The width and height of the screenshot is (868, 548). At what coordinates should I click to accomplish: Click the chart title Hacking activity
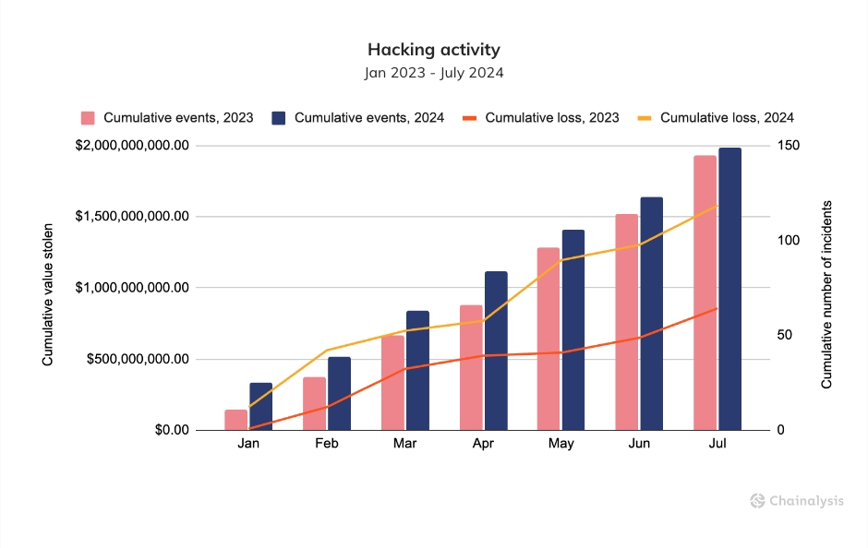(433, 49)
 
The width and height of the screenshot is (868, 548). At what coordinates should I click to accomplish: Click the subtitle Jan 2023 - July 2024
(433, 72)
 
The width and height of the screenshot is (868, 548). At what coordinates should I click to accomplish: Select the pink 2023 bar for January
(236, 420)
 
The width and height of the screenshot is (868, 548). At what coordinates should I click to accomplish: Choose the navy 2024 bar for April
(496, 351)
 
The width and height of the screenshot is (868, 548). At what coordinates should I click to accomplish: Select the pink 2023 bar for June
(626, 322)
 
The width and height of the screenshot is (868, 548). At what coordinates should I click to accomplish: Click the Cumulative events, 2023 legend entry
(167, 118)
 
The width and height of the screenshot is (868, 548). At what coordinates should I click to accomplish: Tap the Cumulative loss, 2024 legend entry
(717, 118)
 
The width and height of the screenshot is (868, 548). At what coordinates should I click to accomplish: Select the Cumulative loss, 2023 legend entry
(541, 118)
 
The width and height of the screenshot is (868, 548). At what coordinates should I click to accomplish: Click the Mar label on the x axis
(404, 444)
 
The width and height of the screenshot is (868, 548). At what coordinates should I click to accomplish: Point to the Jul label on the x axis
(717, 444)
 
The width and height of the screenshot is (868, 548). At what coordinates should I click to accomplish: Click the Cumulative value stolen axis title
(48, 287)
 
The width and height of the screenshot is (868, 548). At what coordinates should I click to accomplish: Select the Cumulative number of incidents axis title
(827, 293)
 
